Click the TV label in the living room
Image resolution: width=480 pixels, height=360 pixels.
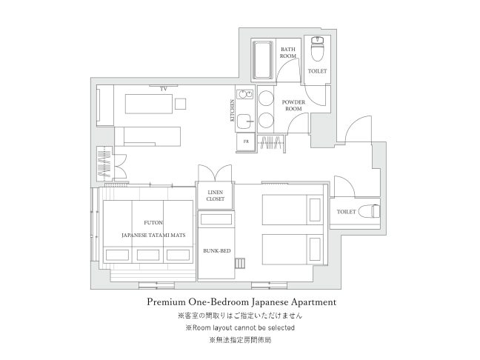164,89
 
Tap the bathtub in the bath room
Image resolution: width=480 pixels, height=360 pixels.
262,60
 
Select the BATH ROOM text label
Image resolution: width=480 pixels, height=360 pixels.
288,53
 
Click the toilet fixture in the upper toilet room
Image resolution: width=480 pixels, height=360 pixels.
318,49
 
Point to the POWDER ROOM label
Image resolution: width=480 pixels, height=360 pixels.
293,105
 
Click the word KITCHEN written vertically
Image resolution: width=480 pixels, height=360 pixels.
233,110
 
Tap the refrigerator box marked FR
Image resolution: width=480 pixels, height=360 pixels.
246,142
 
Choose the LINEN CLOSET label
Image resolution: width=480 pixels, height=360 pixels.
216,196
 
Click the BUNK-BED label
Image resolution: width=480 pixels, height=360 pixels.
217,250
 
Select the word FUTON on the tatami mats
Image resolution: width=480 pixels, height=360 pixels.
153,222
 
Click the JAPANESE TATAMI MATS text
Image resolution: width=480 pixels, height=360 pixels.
153,235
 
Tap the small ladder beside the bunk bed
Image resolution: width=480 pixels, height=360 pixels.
240,263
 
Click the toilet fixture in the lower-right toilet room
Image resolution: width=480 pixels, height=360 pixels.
369,211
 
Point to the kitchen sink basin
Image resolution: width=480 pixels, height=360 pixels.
244,121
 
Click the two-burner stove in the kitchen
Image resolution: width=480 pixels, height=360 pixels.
245,94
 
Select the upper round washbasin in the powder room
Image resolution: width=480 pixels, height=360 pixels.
266,99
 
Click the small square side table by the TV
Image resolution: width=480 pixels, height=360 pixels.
181,104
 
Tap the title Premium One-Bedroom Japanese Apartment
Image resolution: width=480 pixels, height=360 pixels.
241,302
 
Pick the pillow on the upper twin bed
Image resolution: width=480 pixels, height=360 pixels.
315,210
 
